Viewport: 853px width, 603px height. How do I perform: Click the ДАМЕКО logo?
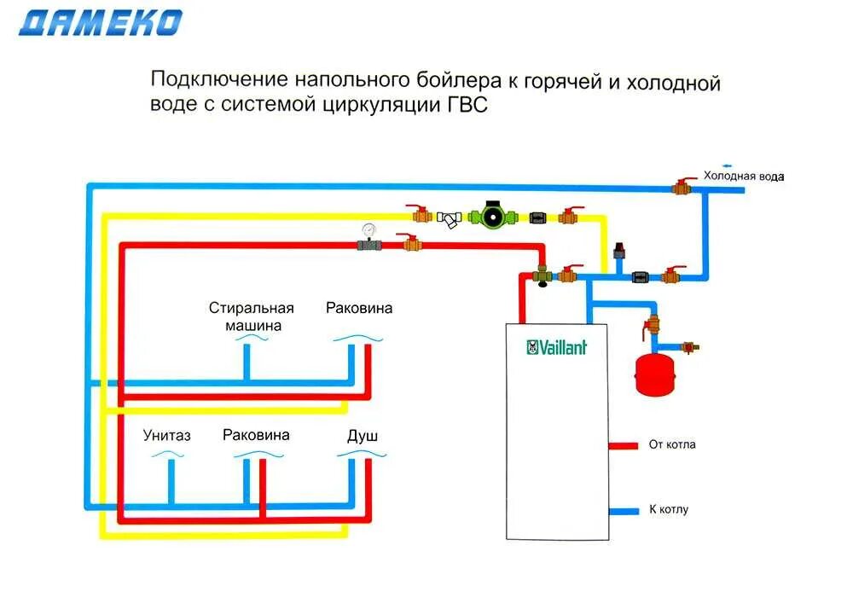[x=101, y=23]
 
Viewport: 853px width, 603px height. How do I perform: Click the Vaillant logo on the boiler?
[x=556, y=347]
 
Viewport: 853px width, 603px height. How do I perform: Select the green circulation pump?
[x=492, y=215]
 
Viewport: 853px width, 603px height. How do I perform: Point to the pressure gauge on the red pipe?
[x=368, y=230]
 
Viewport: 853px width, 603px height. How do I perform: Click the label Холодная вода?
[x=742, y=177]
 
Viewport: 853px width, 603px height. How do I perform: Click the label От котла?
[x=672, y=444]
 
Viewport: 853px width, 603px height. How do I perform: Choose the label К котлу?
[x=669, y=509]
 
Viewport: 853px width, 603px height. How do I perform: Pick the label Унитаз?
[x=167, y=436]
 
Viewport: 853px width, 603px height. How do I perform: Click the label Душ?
[x=363, y=436]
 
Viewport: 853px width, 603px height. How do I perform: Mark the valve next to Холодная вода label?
[x=683, y=186]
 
